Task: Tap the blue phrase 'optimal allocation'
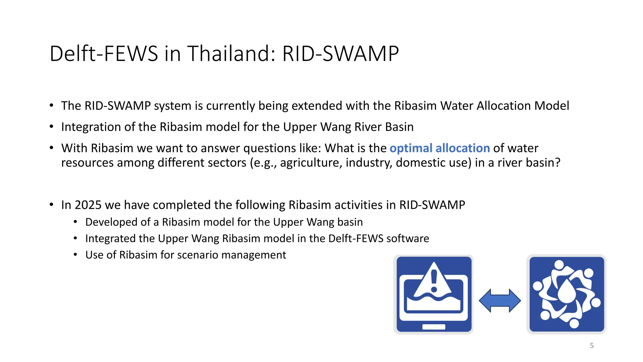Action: click(x=440, y=148)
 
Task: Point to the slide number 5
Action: click(x=592, y=346)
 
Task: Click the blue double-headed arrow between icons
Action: click(x=500, y=301)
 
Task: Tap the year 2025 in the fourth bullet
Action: click(x=88, y=205)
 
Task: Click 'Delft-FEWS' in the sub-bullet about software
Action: click(x=356, y=239)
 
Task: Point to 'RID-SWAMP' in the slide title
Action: click(x=340, y=53)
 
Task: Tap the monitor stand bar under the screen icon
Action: click(x=434, y=327)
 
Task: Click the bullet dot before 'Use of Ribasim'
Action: click(x=75, y=255)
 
